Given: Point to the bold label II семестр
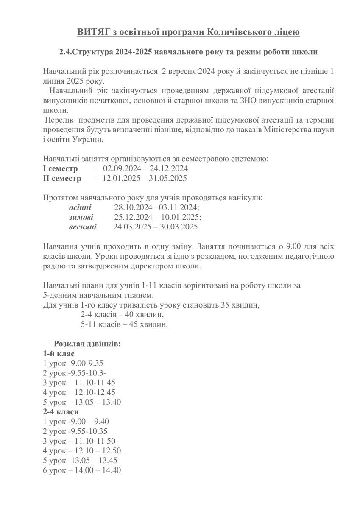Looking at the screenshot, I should (x=62, y=178).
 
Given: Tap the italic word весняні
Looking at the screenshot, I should (x=82, y=227).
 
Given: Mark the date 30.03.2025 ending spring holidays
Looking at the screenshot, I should (x=179, y=227).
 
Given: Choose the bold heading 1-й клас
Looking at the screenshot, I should (x=59, y=353).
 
